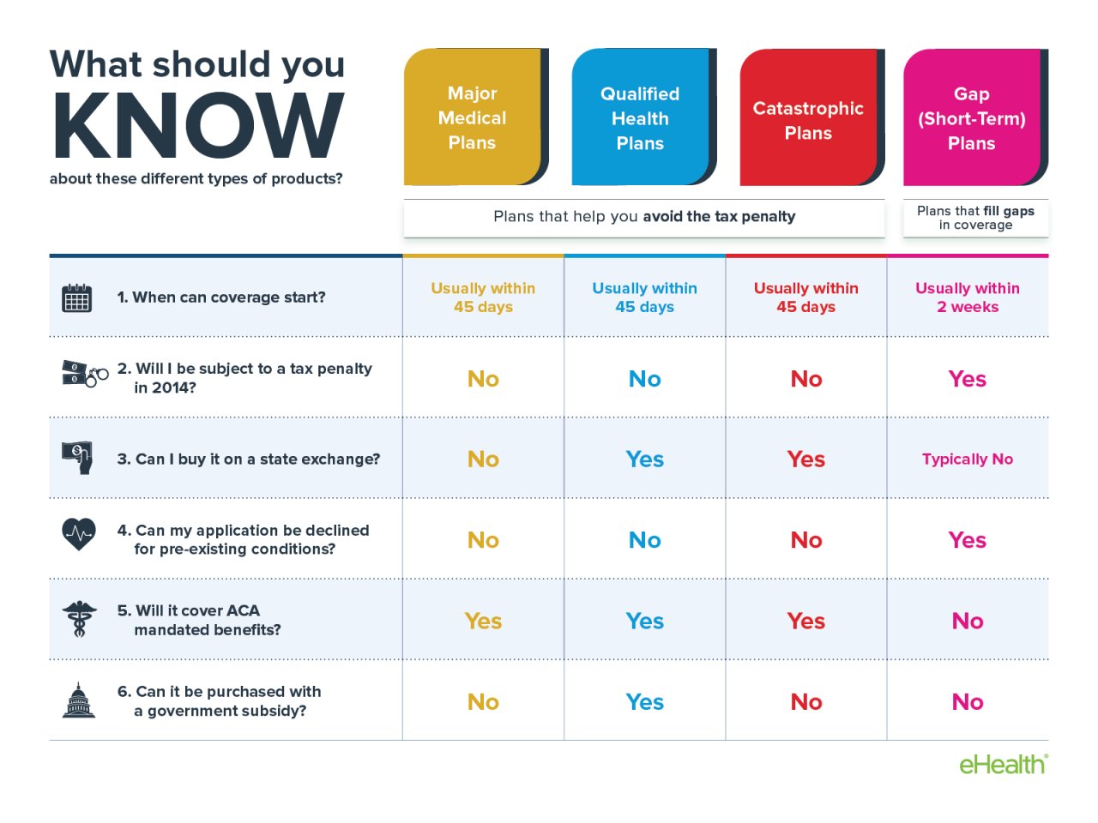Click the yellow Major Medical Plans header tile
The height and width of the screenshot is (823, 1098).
473,117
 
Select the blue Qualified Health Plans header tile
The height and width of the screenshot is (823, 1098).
641,118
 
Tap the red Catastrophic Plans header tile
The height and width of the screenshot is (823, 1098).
808,120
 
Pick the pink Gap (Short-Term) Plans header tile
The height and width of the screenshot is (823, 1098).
972,118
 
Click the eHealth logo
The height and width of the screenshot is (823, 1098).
1003,764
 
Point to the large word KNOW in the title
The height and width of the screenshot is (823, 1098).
198,126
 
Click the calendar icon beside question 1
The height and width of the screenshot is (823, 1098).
77,297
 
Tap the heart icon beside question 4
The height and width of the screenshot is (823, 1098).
79,535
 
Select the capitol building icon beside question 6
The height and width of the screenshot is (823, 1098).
79,700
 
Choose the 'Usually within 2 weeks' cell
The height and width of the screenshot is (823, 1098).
968,297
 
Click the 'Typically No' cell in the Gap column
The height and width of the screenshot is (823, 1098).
968,459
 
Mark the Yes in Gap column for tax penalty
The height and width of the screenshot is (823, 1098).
968,379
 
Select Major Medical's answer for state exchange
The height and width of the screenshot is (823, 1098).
483,460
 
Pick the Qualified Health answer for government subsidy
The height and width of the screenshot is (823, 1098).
644,702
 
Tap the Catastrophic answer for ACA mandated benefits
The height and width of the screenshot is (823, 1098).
806,621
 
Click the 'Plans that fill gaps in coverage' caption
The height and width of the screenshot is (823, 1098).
975,218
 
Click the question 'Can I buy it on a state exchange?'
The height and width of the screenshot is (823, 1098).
248,460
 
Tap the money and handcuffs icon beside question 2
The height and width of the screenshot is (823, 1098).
84,375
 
